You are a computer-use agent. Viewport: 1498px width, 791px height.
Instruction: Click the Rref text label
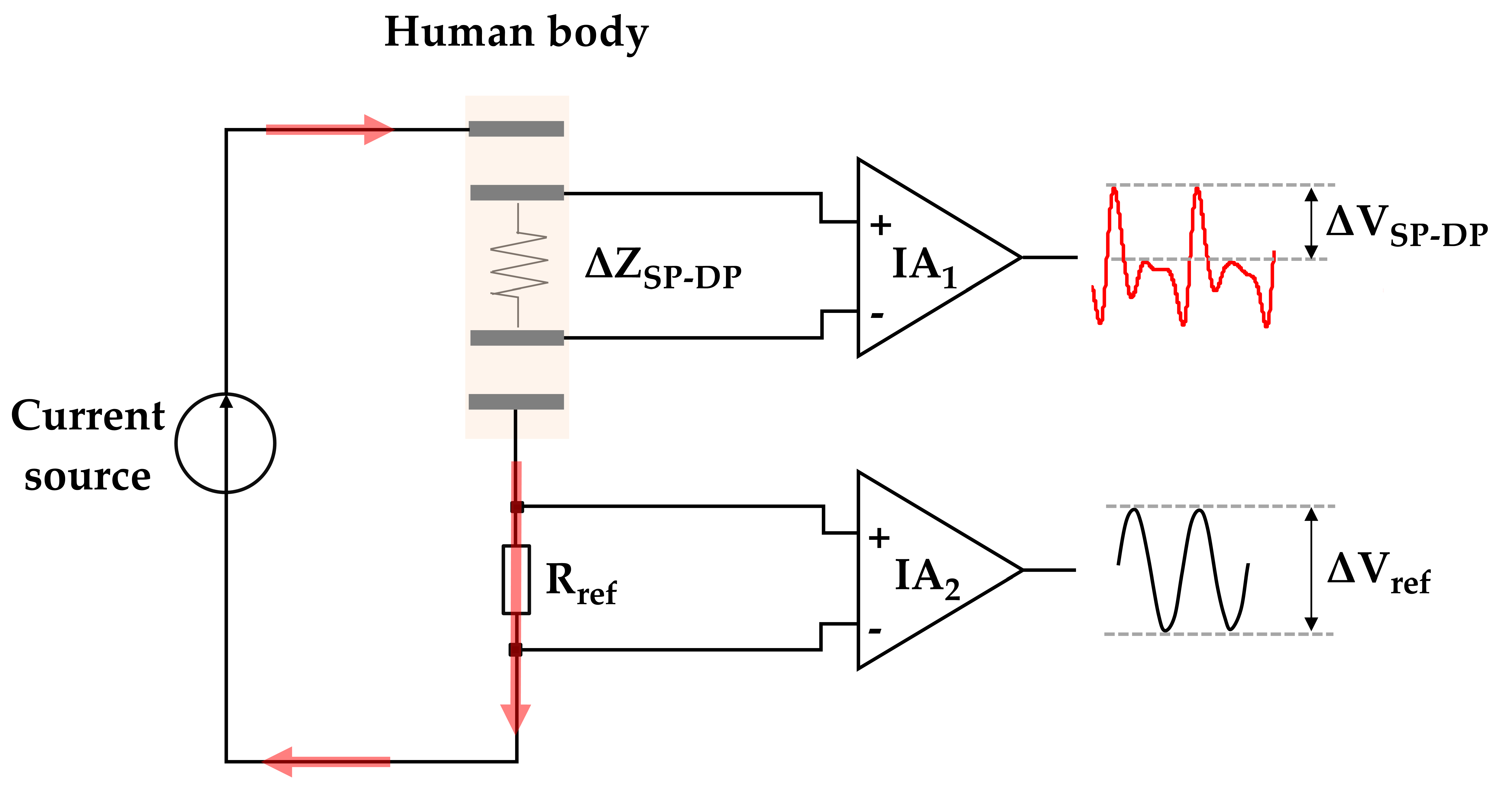point(580,584)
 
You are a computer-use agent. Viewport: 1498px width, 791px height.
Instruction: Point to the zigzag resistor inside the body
point(519,265)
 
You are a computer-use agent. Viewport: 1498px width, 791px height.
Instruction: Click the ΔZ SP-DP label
point(663,268)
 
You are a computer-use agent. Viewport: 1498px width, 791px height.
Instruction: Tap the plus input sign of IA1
point(880,225)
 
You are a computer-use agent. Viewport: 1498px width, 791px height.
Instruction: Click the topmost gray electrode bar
point(516,129)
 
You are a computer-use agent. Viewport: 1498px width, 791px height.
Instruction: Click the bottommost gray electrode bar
point(516,402)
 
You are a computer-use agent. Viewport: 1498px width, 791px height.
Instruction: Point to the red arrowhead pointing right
point(378,129)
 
